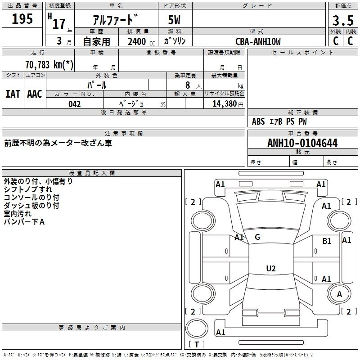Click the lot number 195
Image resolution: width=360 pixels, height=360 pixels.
tap(22, 19)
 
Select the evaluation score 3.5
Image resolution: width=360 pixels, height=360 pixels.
tap(343, 20)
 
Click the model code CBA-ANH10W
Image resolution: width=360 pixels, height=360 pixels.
tap(258, 42)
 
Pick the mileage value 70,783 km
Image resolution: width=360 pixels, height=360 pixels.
tap(49, 64)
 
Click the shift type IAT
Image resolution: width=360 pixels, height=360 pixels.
tap(13, 94)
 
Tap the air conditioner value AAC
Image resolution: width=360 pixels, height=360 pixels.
tap(34, 94)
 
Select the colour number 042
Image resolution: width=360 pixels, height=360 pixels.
tap(75, 104)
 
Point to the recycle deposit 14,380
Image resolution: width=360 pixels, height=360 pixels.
tap(224, 104)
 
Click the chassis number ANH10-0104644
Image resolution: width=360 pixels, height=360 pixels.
tap(302, 143)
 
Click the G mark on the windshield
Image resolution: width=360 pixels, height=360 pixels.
tap(257, 237)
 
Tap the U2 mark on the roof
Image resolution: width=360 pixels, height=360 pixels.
tap(270, 268)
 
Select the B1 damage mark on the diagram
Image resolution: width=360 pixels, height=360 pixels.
tap(327, 241)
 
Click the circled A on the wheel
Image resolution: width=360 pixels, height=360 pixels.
tap(340, 294)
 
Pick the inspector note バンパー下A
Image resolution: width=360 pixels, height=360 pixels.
tap(24, 222)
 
